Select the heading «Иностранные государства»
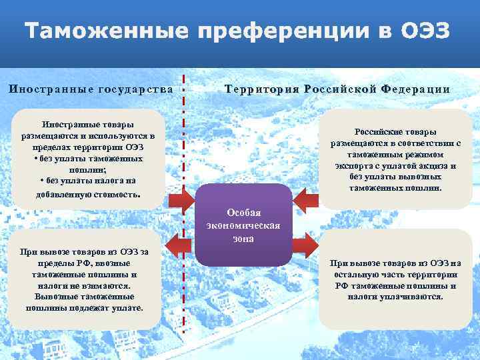click(91, 89)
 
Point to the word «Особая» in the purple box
click(244, 212)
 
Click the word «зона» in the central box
click(244, 238)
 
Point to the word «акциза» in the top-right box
click(425, 166)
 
